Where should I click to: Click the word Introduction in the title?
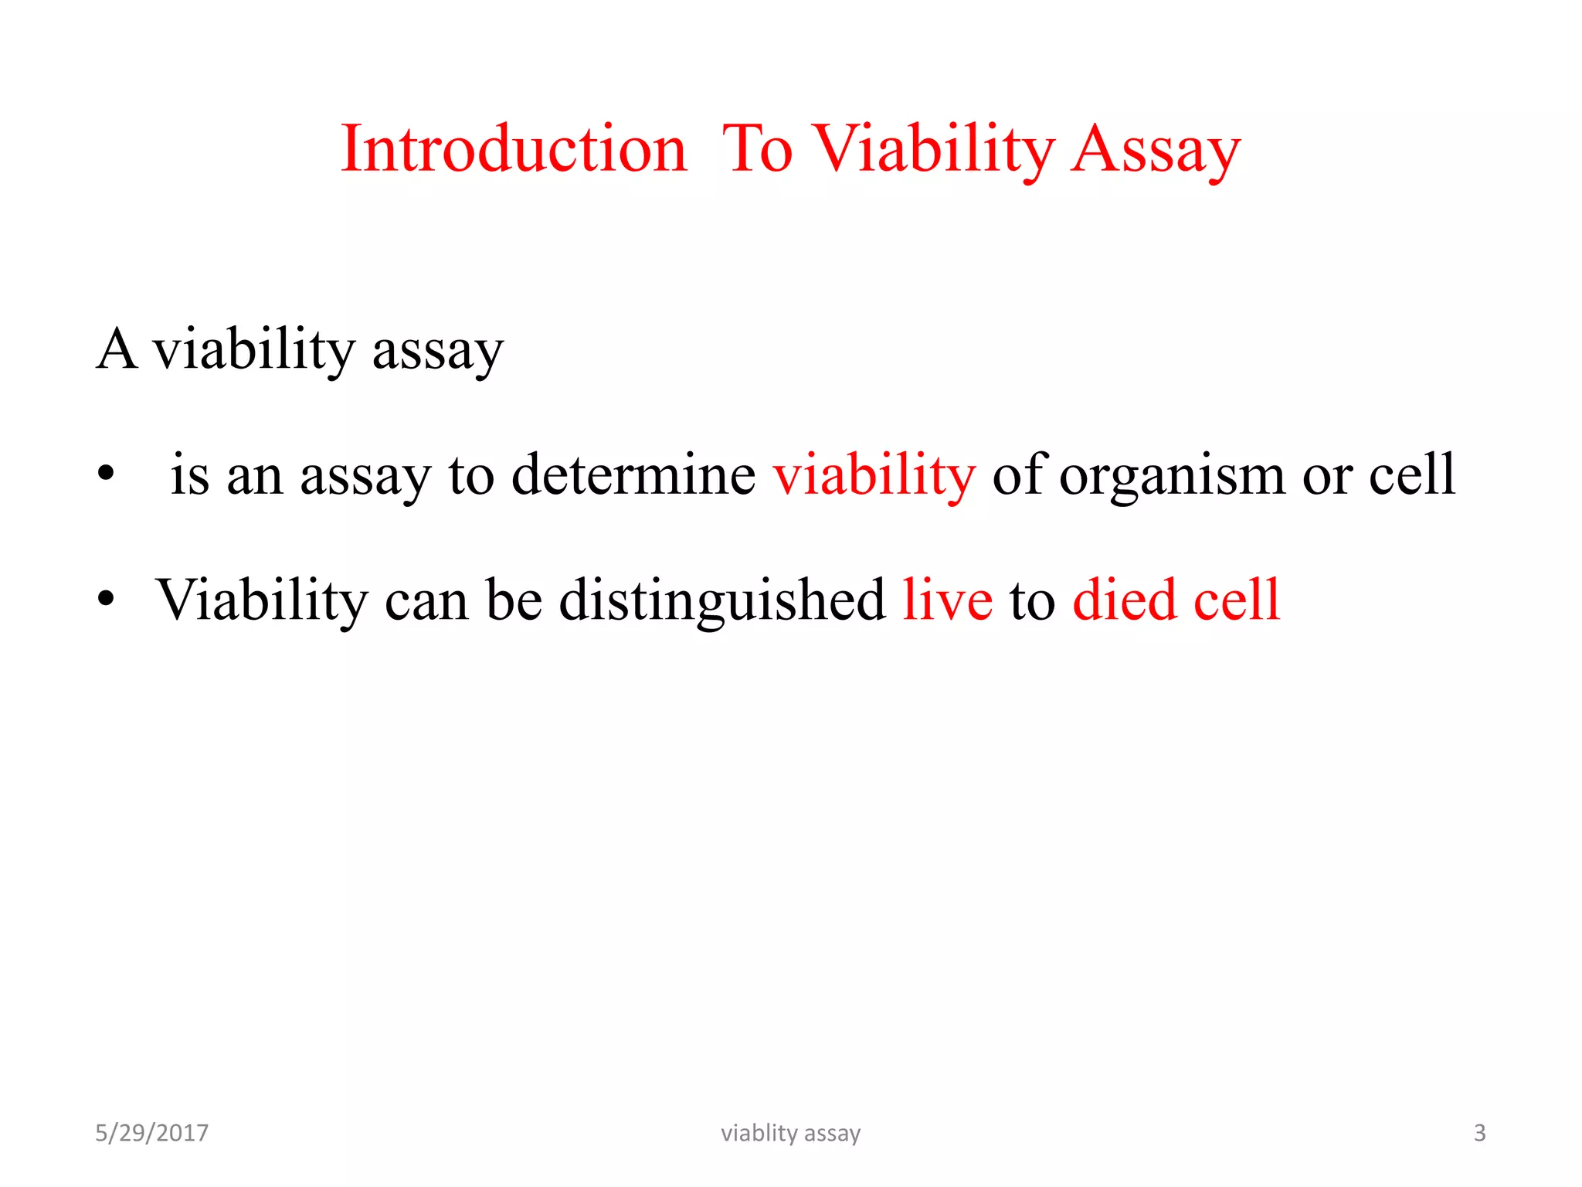click(514, 148)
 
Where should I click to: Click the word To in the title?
click(757, 148)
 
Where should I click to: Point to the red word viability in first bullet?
click(874, 474)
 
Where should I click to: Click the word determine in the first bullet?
click(633, 474)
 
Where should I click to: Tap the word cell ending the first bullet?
click(1412, 474)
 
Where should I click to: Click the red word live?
click(947, 600)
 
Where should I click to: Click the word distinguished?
click(721, 601)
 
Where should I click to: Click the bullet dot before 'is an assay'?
click(106, 472)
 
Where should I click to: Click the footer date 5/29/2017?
click(151, 1133)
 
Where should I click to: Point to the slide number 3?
click(1479, 1133)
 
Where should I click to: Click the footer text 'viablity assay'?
click(790, 1133)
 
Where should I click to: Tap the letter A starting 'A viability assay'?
click(117, 349)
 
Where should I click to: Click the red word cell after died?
click(1237, 600)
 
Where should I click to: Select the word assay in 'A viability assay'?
click(437, 352)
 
